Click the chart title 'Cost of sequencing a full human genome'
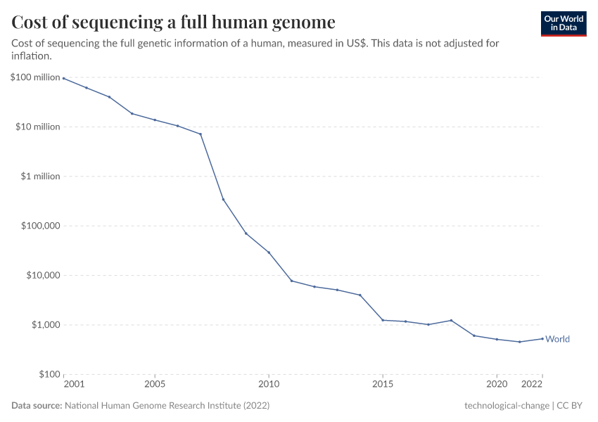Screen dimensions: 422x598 [173, 22]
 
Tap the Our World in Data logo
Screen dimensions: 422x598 [563, 23]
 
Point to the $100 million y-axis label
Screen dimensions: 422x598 [35, 77]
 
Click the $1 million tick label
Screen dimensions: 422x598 [39, 177]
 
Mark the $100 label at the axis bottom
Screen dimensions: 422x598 [49, 374]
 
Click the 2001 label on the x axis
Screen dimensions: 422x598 [74, 385]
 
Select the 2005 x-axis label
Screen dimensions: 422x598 [155, 385]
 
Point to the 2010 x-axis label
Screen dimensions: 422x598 [269, 385]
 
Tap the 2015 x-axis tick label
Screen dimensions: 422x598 [383, 385]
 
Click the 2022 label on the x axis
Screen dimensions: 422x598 [533, 385]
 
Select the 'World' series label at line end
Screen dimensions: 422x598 [557, 339]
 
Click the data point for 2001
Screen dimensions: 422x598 [63, 78]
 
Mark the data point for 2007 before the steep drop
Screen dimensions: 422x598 [201, 134]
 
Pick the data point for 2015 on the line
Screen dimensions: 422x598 [383, 320]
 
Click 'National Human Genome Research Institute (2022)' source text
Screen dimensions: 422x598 [167, 406]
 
